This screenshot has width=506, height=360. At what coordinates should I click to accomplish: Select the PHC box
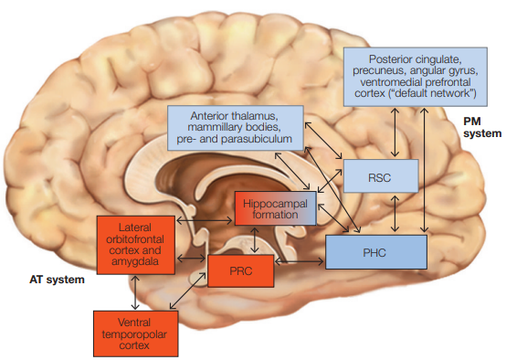tap(376, 251)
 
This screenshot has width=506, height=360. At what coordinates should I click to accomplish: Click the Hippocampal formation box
tap(275, 208)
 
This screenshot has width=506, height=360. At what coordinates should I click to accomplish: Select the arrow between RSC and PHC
tap(393, 214)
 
